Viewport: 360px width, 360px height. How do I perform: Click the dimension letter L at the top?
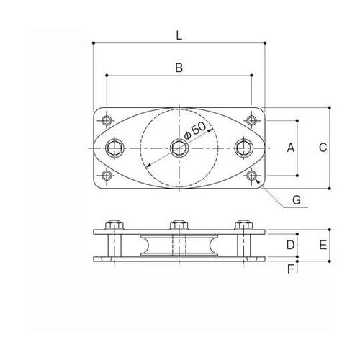tap(179, 33)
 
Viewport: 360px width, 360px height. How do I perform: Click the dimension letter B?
tap(179, 68)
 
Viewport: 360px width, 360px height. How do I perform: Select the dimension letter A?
tap(290, 148)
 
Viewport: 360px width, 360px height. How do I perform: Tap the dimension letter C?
tap(323, 148)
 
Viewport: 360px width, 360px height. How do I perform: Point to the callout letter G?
tap(297, 200)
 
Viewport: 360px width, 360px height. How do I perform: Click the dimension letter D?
tap(290, 245)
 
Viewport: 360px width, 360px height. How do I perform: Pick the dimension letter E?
tap(323, 245)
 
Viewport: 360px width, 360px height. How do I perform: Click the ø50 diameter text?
tap(195, 132)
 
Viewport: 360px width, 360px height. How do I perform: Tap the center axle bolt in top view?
tap(179, 148)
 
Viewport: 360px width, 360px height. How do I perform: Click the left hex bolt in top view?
tap(114, 148)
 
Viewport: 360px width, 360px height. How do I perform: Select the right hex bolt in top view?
tap(244, 148)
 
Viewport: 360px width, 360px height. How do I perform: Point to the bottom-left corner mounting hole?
tap(107, 176)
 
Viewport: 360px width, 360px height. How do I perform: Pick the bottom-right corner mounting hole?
tap(251, 176)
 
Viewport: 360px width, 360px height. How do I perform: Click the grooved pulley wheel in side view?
tap(179, 246)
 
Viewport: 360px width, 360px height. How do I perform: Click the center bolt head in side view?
tap(179, 224)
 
